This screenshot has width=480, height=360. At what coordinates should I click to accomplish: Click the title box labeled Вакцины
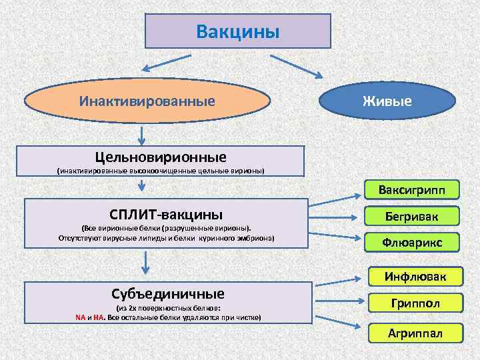point(238,31)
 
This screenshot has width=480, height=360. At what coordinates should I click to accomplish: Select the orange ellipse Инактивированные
point(147,101)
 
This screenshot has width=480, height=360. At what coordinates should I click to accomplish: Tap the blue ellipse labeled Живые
point(387,101)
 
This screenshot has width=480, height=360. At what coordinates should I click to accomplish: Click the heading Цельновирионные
point(161,157)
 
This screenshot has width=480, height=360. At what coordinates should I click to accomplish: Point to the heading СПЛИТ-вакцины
point(167,215)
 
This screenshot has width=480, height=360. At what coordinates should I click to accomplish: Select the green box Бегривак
point(412,217)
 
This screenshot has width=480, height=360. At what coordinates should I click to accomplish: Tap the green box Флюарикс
point(412,243)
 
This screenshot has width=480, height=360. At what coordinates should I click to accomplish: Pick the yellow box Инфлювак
point(415,276)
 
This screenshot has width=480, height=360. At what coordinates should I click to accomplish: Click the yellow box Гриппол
point(415,304)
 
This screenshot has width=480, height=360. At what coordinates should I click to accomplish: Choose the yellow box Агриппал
point(415,331)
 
